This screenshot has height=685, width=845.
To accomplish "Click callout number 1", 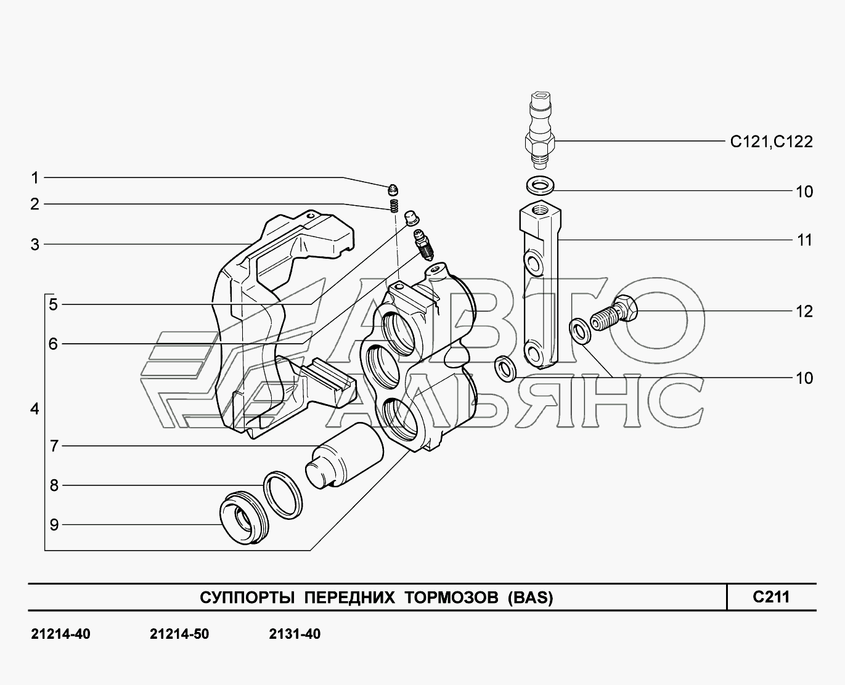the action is (x=35, y=178).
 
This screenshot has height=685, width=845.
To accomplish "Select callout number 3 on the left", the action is (x=35, y=245).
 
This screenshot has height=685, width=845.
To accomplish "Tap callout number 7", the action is (x=54, y=446).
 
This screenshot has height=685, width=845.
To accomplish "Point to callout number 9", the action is (x=54, y=525).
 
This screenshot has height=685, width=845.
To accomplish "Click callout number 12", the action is (x=804, y=312).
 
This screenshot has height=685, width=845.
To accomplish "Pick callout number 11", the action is (x=804, y=240).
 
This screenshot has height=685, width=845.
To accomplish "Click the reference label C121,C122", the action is (x=771, y=142).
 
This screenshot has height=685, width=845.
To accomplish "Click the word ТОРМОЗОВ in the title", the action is (x=451, y=598).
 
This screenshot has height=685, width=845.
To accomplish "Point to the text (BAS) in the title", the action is (x=531, y=598).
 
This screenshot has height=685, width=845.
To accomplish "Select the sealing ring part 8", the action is (x=283, y=495).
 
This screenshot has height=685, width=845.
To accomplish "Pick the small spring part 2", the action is (x=394, y=206).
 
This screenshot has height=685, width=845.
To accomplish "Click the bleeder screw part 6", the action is (x=423, y=245).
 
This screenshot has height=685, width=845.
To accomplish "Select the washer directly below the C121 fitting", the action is (x=540, y=185).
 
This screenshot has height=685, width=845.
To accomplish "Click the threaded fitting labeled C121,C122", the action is (x=540, y=131).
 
